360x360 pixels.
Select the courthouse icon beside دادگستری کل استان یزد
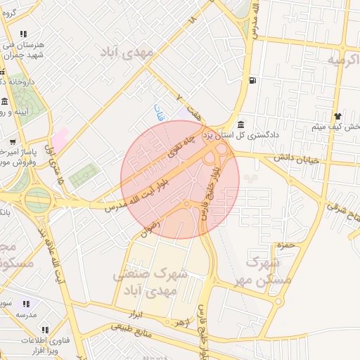(240, 124)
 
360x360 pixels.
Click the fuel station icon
(252, 79)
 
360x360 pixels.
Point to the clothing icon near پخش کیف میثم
(338, 116)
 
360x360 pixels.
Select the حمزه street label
(284, 245)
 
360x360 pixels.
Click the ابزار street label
(136, 313)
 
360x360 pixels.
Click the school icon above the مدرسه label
(26, 304)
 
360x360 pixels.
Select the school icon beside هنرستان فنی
(24, 33)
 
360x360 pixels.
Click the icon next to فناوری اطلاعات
(45, 329)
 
